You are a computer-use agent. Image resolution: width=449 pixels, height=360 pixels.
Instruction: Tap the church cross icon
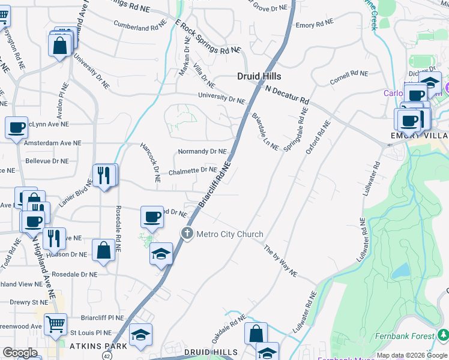[x=187, y=233]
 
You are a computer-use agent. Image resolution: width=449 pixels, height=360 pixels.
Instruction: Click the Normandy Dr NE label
[x=202, y=152]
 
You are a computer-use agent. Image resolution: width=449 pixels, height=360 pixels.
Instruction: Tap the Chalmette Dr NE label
[x=192, y=170]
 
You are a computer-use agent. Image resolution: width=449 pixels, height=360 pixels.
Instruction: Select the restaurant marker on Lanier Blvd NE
[x=105, y=175]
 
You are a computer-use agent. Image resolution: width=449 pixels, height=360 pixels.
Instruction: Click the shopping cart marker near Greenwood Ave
[x=55, y=325]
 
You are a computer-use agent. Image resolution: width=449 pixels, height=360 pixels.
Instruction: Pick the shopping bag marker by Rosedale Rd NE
[x=104, y=250]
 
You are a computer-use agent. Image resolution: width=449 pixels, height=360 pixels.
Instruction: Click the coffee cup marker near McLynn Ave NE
[x=17, y=128]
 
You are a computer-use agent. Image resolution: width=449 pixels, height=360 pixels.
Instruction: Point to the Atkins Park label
[x=98, y=346]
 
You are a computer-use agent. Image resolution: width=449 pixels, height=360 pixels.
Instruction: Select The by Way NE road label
[x=280, y=260]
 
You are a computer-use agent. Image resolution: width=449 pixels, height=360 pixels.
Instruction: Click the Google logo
[x=20, y=353]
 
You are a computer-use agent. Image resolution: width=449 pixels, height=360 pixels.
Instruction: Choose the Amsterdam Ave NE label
[x=52, y=143]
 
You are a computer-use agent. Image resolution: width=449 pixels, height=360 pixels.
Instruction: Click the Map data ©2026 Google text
[x=412, y=355]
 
